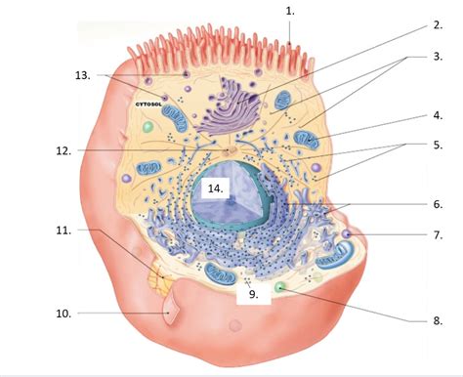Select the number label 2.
point(437,26)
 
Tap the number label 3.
point(438,57)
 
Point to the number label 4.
point(438,115)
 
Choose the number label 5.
point(438,146)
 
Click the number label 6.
point(437,204)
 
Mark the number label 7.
point(437,234)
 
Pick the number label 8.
point(438,319)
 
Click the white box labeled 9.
point(252,291)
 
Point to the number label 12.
point(63,150)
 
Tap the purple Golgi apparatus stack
point(230,107)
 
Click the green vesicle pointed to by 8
point(280,288)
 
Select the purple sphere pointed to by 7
point(346,234)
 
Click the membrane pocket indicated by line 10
point(173,314)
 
